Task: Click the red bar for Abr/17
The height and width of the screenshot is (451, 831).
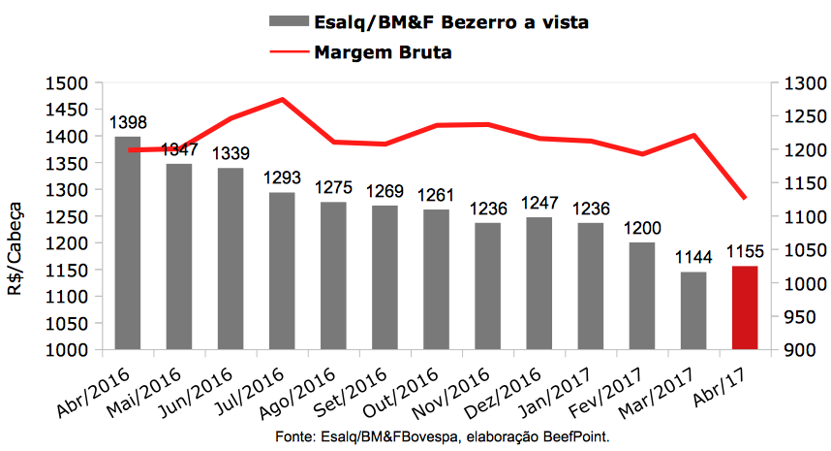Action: [x=745, y=307]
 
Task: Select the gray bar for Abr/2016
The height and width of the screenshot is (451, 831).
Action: [x=128, y=242]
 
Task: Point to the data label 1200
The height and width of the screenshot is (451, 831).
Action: [x=642, y=228]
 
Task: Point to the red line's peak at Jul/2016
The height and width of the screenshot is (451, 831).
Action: [x=282, y=99]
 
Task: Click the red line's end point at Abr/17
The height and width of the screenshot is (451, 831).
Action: [x=745, y=198]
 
